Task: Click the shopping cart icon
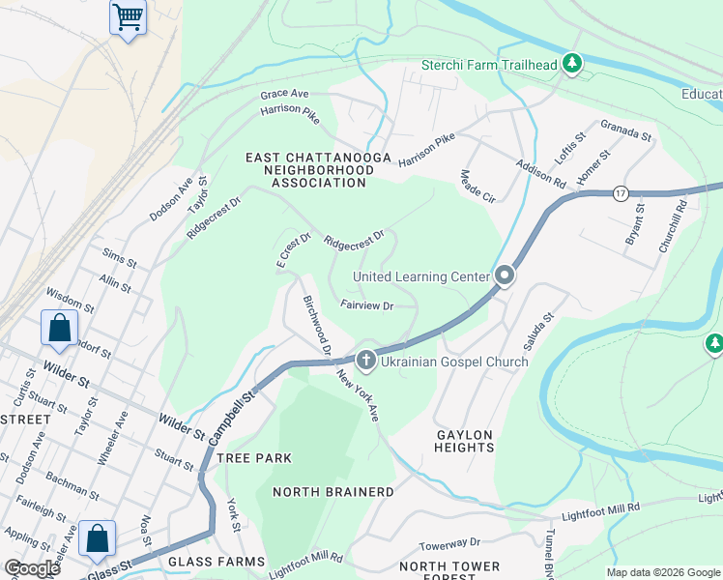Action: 128,16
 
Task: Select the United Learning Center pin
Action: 504,276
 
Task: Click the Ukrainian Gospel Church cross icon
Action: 365,362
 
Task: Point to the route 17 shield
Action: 621,193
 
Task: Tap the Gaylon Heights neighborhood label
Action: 464,441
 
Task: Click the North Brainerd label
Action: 333,492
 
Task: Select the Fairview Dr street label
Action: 366,305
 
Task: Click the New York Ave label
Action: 358,395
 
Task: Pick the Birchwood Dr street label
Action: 317,326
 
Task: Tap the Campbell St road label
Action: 233,418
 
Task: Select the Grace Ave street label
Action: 284,94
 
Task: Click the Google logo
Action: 32,567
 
